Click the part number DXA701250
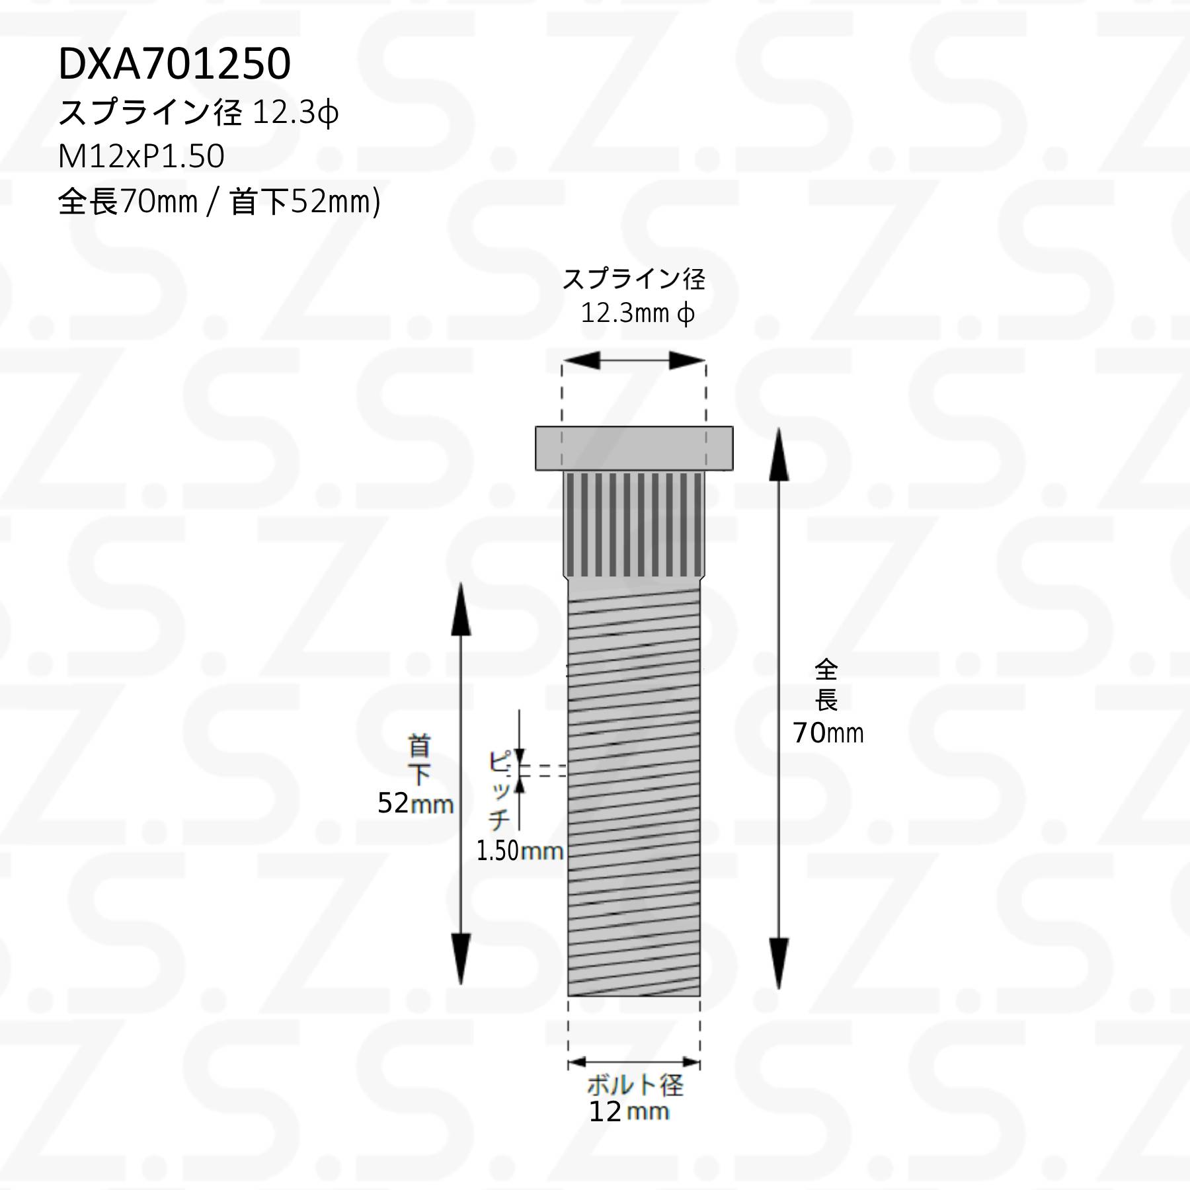click(175, 64)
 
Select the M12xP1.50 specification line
click(141, 157)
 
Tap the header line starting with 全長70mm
click(219, 201)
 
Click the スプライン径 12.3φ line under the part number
click(198, 112)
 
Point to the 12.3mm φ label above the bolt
click(637, 313)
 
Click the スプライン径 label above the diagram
click(633, 280)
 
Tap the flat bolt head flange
click(634, 448)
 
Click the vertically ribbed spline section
click(634, 524)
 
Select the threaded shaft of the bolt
click(634, 791)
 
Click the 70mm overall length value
click(828, 733)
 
